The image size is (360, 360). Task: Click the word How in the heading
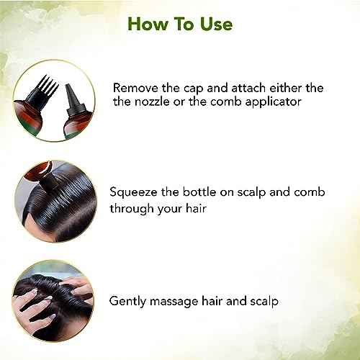143,24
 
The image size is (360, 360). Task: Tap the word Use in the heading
215,24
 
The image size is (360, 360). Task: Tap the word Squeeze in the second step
136,193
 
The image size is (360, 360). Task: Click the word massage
177,300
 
